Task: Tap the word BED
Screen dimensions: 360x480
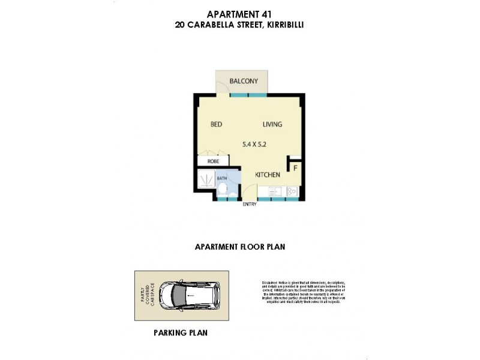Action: (217, 125)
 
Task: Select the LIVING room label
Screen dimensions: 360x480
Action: (272, 125)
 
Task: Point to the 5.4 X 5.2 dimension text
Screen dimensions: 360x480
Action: (254, 144)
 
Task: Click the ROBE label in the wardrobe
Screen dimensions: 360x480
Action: (212, 161)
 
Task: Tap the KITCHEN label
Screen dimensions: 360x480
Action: (268, 175)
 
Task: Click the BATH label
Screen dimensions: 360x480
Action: (221, 179)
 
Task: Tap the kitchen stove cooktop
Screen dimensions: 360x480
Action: (292, 191)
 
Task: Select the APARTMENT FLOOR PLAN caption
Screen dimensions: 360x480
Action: (239, 246)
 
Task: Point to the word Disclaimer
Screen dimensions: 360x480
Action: (272, 281)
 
